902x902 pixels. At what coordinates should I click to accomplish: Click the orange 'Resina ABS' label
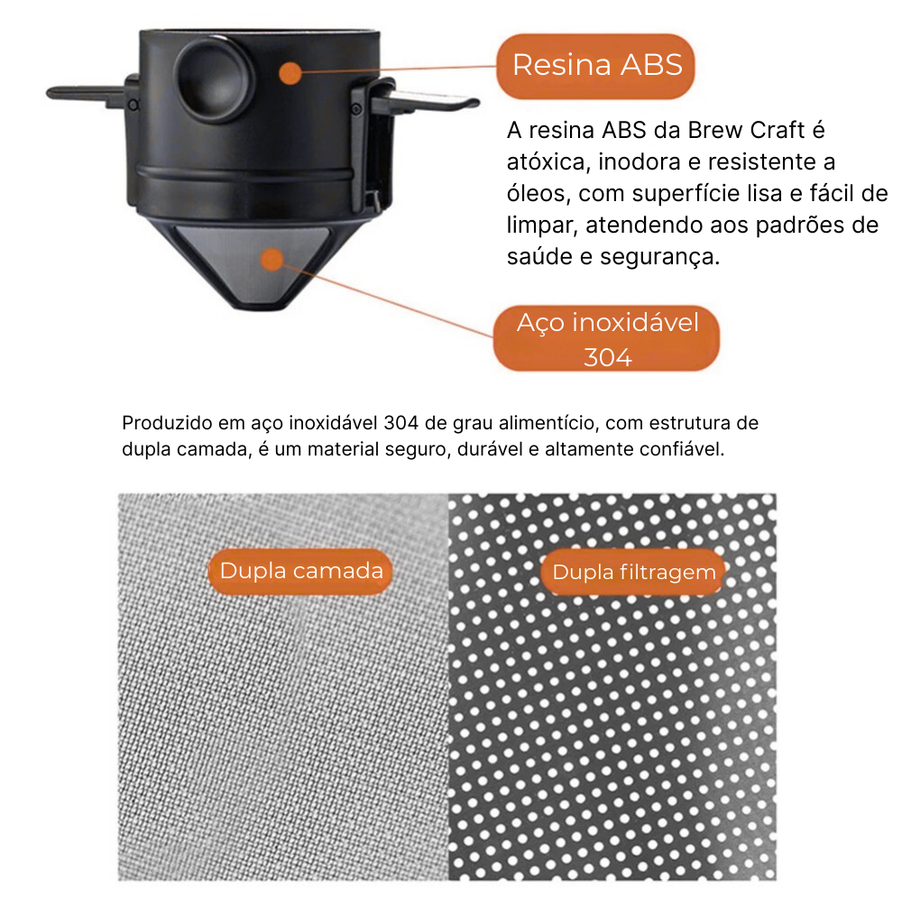pos(595,66)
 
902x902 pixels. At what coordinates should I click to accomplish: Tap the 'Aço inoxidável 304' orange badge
pos(606,338)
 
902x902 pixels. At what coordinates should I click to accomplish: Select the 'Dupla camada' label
pos(300,571)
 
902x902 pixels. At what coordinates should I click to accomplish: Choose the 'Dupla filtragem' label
pos(633,573)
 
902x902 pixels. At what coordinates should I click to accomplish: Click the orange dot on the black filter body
pos(290,73)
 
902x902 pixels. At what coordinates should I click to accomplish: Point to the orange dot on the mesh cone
pos(272,260)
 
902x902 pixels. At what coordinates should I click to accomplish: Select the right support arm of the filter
pos(426,103)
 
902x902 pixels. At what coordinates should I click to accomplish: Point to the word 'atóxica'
pos(548,162)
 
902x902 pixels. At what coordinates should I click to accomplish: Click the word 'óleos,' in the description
pos(538,194)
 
